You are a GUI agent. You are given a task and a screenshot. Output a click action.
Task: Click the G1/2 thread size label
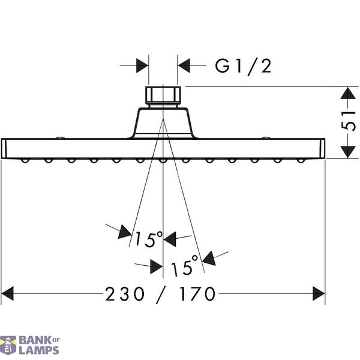[243, 67]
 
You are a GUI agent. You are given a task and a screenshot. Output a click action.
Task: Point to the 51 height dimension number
[349, 121]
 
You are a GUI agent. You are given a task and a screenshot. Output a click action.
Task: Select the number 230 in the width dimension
[125, 294]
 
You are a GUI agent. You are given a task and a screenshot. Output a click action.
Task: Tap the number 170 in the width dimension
[197, 294]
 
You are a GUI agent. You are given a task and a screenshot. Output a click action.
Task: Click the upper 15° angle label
[149, 239]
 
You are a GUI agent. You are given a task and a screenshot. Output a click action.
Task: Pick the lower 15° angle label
[184, 265]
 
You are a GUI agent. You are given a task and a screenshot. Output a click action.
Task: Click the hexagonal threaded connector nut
[163, 95]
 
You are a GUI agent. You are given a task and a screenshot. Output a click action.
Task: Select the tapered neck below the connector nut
[163, 123]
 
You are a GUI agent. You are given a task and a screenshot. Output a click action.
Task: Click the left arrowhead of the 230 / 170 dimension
[7, 293]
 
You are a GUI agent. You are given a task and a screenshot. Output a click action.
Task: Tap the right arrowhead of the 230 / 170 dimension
[319, 293]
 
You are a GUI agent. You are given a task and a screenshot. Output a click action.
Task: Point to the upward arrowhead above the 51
[348, 93]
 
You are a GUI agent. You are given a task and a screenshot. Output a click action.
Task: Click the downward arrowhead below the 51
[348, 152]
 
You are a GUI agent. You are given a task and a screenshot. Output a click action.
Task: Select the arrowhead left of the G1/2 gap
[142, 65]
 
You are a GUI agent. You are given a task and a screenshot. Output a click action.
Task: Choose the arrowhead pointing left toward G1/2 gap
[184, 65]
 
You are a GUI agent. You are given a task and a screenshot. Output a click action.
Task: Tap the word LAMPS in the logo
[39, 350]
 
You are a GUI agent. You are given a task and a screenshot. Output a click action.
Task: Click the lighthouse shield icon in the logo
[8, 346]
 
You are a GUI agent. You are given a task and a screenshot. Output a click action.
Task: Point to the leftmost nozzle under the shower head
[25, 160]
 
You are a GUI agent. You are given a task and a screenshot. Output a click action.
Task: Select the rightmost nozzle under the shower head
[301, 160]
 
